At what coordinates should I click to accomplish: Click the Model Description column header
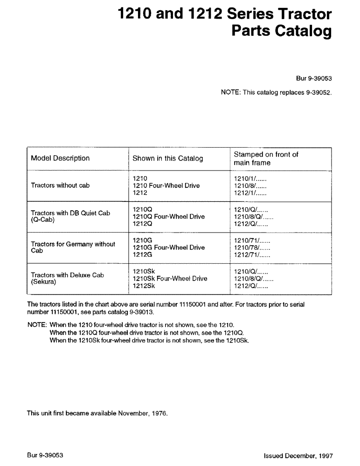pyautogui.click(x=60, y=158)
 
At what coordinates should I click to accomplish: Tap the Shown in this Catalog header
pyautogui.click(x=168, y=158)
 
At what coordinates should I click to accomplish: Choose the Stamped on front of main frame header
pyautogui.click(x=266, y=158)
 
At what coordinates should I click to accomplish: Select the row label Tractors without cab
pyautogui.click(x=60, y=185)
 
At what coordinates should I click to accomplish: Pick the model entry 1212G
pyautogui.click(x=143, y=255)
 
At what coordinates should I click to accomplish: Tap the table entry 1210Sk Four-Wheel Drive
pyautogui.click(x=170, y=279)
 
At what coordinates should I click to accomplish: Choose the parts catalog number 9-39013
pyautogui.click(x=151, y=312)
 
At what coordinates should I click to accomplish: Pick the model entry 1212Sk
pyautogui.click(x=144, y=286)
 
